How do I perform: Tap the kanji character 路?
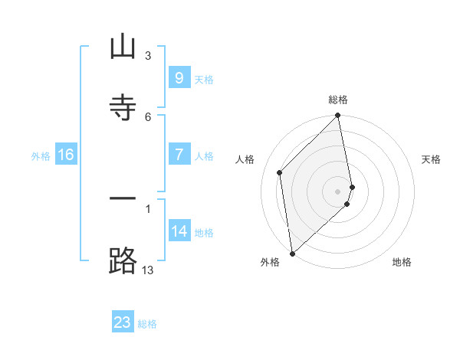(123, 260)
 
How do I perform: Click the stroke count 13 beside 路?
(148, 270)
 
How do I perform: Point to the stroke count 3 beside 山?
(148, 56)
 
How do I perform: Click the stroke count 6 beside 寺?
(148, 116)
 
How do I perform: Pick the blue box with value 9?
(179, 77)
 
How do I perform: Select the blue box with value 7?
(179, 155)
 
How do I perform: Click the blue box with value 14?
(179, 231)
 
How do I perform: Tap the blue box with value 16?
(66, 155)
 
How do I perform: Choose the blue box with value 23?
(123, 322)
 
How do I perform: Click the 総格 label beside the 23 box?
(147, 324)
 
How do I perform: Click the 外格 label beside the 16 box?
(41, 156)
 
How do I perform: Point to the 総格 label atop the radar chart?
(338, 100)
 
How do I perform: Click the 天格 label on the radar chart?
(432, 159)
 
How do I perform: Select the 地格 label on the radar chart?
(402, 262)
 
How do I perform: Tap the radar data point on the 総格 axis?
(338, 116)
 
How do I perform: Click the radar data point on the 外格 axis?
(292, 253)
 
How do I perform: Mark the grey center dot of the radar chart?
(338, 191)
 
